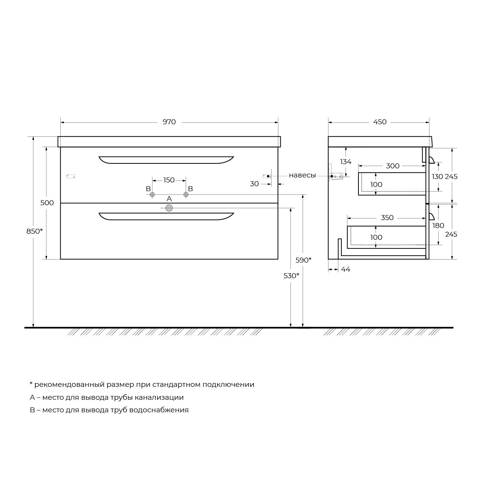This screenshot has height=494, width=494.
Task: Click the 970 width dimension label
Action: (x=169, y=122)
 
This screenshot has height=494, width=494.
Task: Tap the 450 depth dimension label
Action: (x=380, y=122)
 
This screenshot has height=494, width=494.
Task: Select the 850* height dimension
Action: (x=35, y=231)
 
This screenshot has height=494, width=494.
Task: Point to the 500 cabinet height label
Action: (x=47, y=203)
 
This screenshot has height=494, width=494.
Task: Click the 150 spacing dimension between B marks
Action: (x=169, y=180)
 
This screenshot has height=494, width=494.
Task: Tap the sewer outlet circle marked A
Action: (x=169, y=208)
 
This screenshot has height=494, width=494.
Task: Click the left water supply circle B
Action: (x=152, y=195)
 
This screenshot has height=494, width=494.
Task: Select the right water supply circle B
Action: (x=186, y=195)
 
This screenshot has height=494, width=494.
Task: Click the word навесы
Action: (x=302, y=176)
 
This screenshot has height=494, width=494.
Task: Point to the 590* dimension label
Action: (x=303, y=260)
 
